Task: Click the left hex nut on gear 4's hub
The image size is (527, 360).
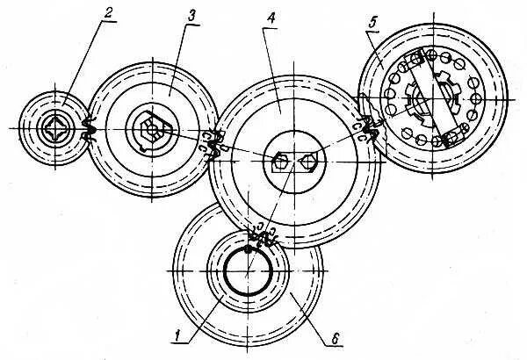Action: [280, 162]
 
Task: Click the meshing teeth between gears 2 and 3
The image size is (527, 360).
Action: [87, 130]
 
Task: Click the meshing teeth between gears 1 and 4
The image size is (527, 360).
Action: [260, 234]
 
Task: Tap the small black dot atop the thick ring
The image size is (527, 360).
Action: [249, 248]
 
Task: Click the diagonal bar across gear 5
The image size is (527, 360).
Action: [430, 97]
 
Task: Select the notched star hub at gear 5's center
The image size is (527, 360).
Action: [422, 98]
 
